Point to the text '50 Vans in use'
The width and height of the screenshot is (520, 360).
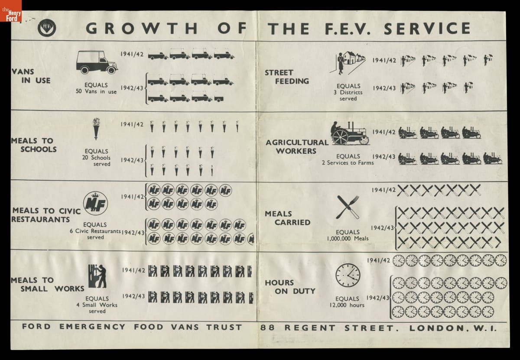point(96,92)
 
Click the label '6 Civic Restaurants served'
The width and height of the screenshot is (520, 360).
point(95,231)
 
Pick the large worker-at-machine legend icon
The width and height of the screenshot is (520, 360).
point(97,276)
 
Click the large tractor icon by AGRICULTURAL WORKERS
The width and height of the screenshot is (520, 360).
point(350,132)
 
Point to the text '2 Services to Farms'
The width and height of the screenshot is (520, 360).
point(348,162)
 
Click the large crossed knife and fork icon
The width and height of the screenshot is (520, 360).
point(348,207)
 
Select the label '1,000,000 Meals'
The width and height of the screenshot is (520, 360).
point(348,238)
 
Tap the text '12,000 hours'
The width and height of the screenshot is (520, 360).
point(347,305)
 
